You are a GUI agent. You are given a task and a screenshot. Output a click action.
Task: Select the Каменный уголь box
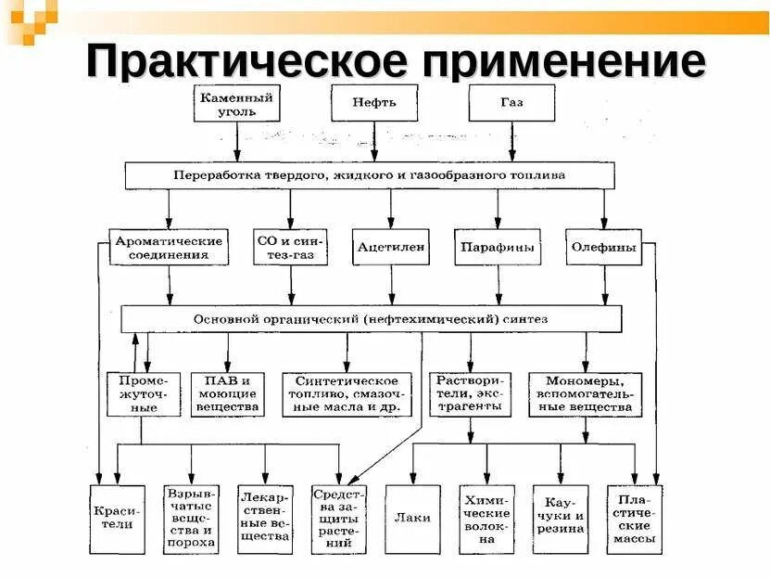click(x=238, y=103)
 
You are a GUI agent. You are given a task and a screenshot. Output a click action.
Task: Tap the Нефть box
click(x=373, y=103)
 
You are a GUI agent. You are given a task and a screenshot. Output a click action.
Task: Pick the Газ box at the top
click(x=511, y=103)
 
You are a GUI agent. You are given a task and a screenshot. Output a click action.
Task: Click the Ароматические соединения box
click(x=168, y=247)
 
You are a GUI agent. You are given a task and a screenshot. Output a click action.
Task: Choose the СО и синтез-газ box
click(x=291, y=247)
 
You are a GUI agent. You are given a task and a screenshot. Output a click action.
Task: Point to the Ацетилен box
click(x=391, y=247)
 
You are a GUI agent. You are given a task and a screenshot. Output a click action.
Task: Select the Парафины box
click(x=499, y=247)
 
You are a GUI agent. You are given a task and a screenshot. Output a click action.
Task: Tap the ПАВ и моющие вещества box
click(x=227, y=393)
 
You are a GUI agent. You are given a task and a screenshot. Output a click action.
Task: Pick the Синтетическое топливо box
click(x=347, y=393)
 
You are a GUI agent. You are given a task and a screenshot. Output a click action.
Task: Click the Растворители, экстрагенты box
click(x=471, y=393)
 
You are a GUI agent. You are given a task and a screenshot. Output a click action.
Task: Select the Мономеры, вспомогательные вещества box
click(x=586, y=393)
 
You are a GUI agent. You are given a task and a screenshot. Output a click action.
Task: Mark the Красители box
click(x=117, y=519)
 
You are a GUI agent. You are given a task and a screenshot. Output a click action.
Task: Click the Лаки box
click(x=412, y=519)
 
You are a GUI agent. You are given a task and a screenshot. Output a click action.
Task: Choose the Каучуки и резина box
click(x=560, y=519)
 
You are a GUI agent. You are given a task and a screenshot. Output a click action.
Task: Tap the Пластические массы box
click(x=635, y=519)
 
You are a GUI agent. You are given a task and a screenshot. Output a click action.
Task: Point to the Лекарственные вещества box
click(x=265, y=519)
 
